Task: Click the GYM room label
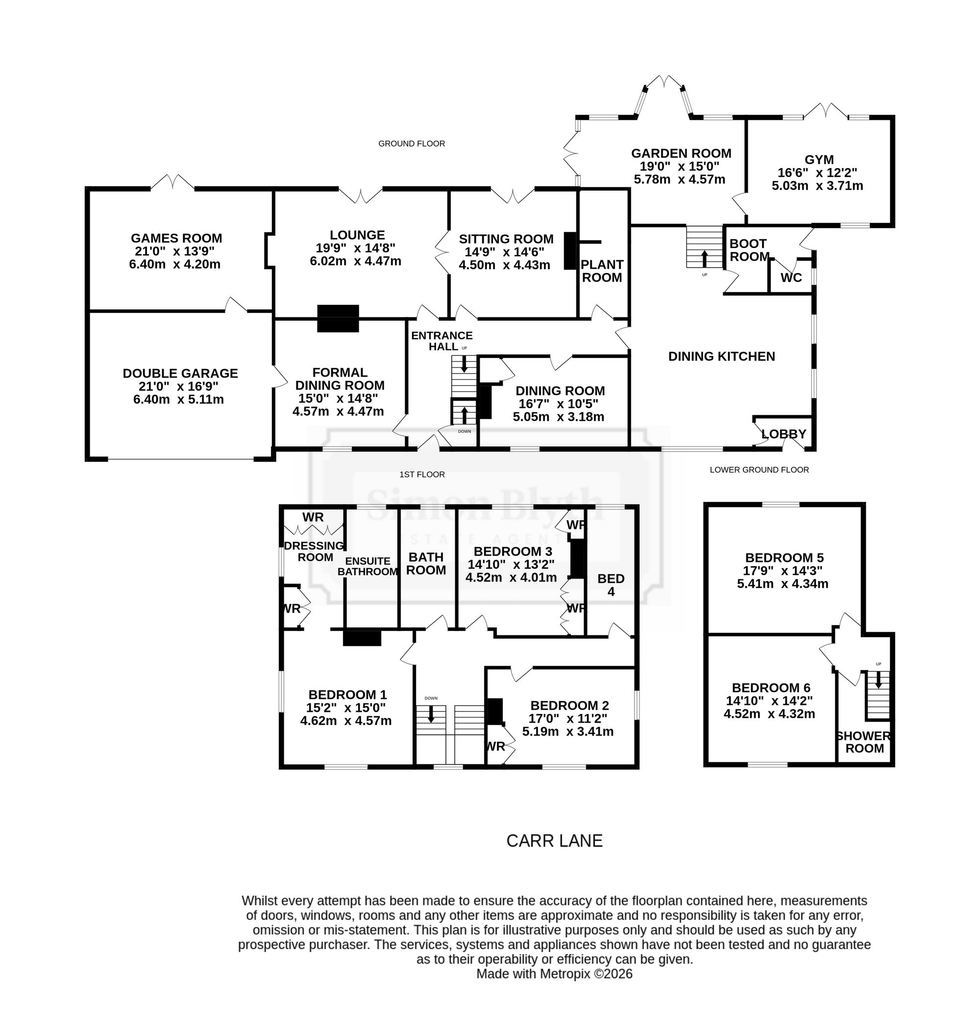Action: (x=819, y=159)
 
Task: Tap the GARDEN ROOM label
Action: (x=681, y=153)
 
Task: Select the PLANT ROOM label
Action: (x=602, y=271)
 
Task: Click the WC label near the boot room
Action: (x=791, y=277)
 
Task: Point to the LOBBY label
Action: (x=784, y=434)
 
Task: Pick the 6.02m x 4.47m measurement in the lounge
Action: (x=356, y=261)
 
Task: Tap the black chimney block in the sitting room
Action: (x=569, y=251)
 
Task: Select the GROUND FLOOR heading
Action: (x=412, y=143)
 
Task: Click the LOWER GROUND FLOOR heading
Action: (x=759, y=470)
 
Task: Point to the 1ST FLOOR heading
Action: (x=422, y=475)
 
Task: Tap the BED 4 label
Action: (x=611, y=585)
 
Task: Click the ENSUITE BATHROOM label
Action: (x=368, y=566)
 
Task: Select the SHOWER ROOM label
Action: (x=864, y=741)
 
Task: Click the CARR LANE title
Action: (x=555, y=840)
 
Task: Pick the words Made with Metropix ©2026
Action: (x=554, y=974)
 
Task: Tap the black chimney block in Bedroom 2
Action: (x=494, y=711)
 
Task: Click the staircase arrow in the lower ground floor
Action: (x=878, y=679)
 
